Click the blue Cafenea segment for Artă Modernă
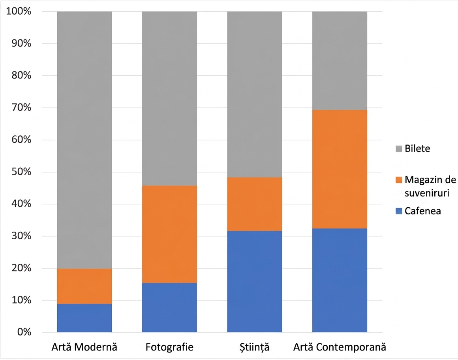(x=84, y=318)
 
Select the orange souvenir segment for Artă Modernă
(x=84, y=286)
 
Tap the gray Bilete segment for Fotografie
(x=169, y=99)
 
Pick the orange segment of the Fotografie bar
(x=169, y=234)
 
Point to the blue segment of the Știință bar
(x=255, y=281)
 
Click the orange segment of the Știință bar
(x=255, y=204)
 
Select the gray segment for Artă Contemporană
(x=340, y=61)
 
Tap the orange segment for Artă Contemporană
(x=340, y=169)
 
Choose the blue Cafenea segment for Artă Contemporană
(x=340, y=280)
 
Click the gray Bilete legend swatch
(x=399, y=148)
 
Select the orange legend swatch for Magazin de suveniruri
(x=399, y=180)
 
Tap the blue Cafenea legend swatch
(x=399, y=211)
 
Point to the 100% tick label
(x=19, y=11)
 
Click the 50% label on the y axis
(x=21, y=172)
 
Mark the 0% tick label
(x=24, y=332)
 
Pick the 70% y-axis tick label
(x=21, y=107)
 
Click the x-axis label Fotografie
(x=169, y=347)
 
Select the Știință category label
(x=254, y=347)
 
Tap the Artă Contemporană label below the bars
(x=340, y=347)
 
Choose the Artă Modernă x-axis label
(x=84, y=347)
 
